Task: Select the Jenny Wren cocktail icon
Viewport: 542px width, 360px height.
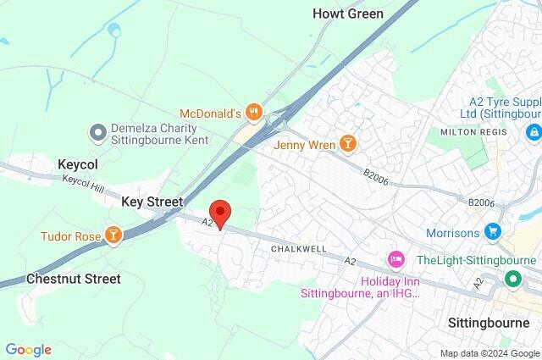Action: pos(347,144)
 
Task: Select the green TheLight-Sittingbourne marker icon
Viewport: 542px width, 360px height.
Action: pos(512,277)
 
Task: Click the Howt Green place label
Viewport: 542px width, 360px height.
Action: pos(347,14)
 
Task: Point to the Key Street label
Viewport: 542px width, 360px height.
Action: pos(152,202)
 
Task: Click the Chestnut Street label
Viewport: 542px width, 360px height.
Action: pos(73,278)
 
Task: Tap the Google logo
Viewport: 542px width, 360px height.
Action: pos(28,349)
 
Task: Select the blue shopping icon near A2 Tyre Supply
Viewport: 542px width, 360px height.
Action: pos(533,133)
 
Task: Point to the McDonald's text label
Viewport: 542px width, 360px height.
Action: pos(211,113)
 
